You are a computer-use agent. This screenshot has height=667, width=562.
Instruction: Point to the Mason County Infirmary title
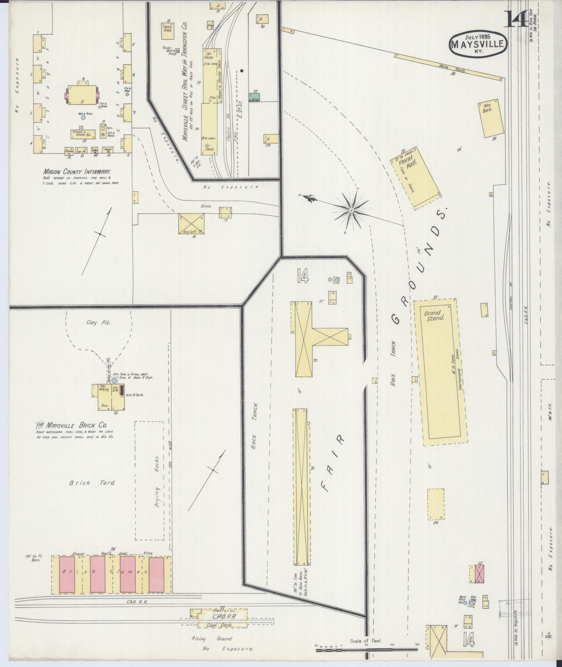pyautogui.click(x=77, y=172)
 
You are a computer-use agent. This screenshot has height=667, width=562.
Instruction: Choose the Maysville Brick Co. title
pyautogui.click(x=71, y=425)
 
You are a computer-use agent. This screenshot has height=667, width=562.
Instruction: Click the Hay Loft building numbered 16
pyautogui.click(x=191, y=224)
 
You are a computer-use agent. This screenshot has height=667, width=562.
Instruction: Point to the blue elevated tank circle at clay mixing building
pyautogui.click(x=114, y=381)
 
